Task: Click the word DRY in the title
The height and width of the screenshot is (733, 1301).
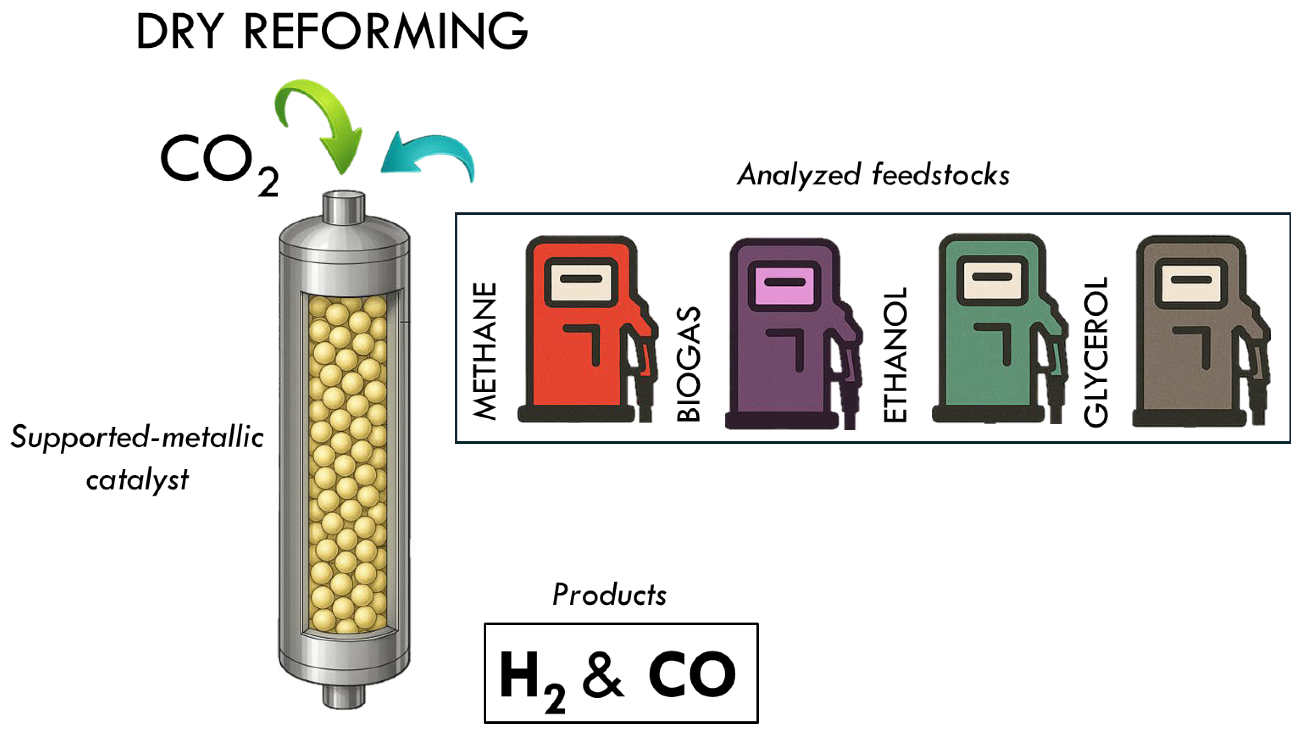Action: click(x=179, y=32)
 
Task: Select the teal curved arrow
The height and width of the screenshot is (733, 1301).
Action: click(x=429, y=154)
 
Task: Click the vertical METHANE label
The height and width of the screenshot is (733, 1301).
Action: click(x=485, y=351)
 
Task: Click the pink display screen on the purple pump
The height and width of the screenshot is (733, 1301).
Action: click(x=784, y=285)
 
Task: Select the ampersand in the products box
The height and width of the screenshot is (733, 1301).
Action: click(x=604, y=674)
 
